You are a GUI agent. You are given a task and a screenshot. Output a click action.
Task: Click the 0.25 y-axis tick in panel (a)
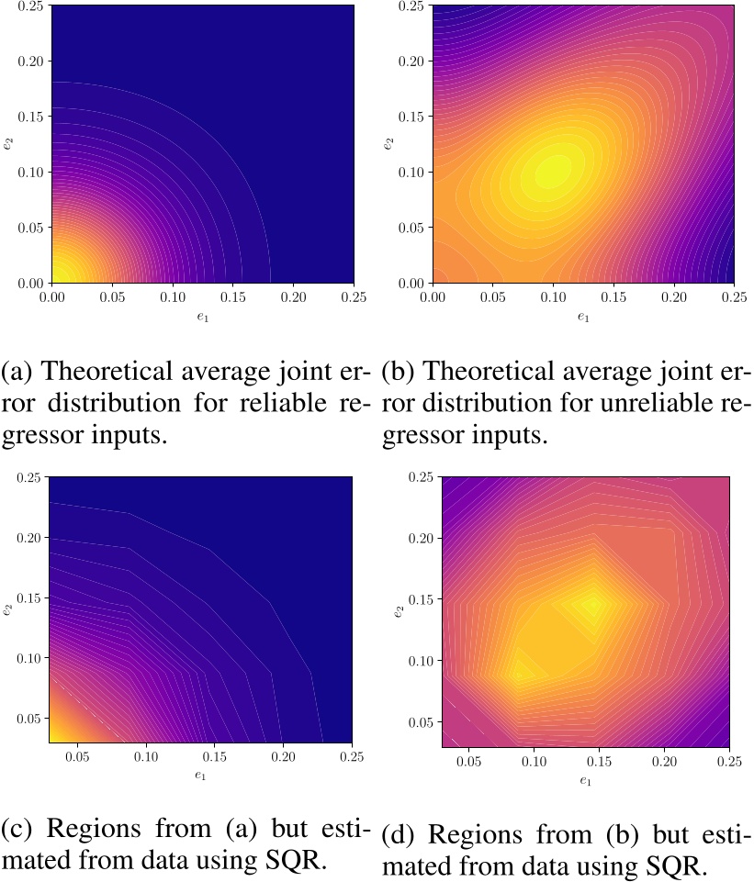[x=28, y=6]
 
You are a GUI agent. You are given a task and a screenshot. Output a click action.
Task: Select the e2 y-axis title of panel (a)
[x=8, y=144]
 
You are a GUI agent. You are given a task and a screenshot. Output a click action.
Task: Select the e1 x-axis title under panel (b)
[x=583, y=317]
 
